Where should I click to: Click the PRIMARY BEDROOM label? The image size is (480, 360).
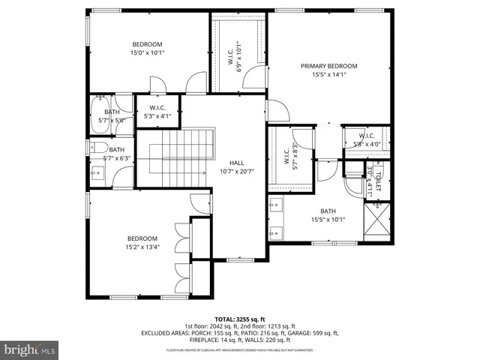coord(328,66)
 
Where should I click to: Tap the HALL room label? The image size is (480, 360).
coord(236,163)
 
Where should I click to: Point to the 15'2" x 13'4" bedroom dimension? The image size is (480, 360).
coord(142,248)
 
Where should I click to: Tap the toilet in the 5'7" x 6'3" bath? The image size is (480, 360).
coord(98,148)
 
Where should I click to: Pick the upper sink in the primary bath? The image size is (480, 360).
coord(275,203)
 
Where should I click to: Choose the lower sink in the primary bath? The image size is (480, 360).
coord(275,229)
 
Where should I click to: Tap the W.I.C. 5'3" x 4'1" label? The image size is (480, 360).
coord(157,112)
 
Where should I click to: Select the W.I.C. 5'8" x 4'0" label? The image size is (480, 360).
coord(366,140)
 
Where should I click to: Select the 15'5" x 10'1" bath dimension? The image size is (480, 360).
coord(328,220)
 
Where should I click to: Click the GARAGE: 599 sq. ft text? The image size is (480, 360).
coord(313,333)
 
